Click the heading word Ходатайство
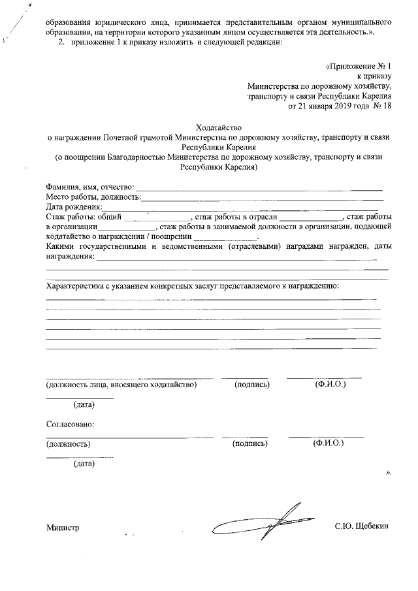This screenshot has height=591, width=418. coord(218,127)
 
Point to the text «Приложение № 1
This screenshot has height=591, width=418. coord(358,67)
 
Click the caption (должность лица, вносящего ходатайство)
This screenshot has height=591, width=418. coord(121,385)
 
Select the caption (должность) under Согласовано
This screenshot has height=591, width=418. coord(68,444)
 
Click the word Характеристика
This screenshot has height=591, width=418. coord(77,286)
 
